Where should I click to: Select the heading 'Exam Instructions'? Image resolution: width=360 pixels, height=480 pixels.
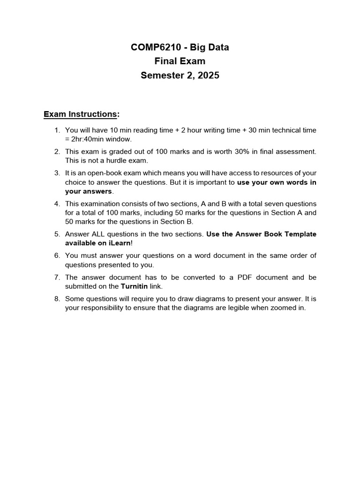tap(80, 114)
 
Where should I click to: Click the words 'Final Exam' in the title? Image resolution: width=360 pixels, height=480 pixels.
tap(180, 61)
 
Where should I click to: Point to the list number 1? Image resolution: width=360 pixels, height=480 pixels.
tap(57, 130)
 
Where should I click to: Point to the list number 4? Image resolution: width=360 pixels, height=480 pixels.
tap(57, 204)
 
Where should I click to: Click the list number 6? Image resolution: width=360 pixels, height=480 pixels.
tap(57, 255)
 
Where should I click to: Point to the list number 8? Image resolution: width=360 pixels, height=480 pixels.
tap(57, 299)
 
